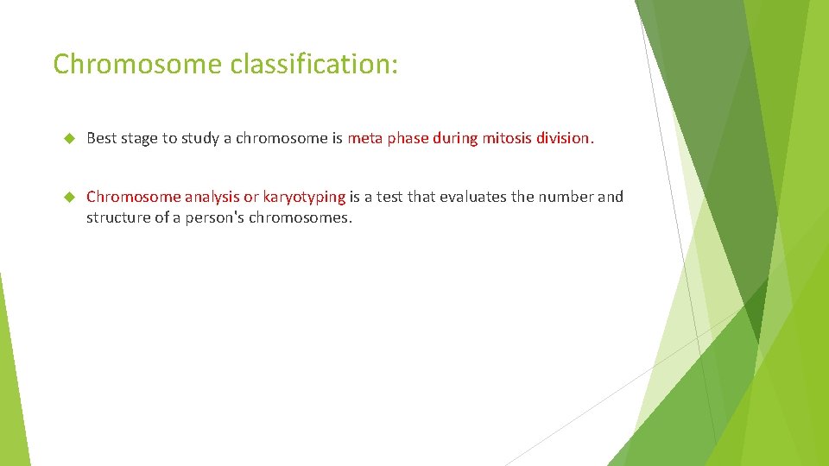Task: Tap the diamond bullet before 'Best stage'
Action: [70, 138]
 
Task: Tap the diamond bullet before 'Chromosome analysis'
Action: [70, 197]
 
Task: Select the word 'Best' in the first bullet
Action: [102, 138]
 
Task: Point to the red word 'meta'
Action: [365, 138]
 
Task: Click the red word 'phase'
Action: [408, 138]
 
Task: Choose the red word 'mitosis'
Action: [507, 138]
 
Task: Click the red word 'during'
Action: [455, 138]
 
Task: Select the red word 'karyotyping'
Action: [304, 197]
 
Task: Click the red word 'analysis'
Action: [212, 197]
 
